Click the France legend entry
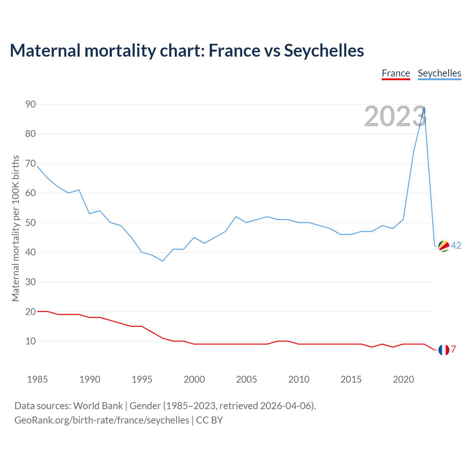click(x=396, y=73)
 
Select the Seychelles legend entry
click(x=439, y=73)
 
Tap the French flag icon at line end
click(x=444, y=350)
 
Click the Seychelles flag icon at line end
click(x=444, y=246)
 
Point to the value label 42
click(x=456, y=246)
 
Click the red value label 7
click(x=453, y=349)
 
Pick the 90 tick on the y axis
click(x=31, y=105)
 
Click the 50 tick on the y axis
click(x=31, y=223)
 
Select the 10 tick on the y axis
click(x=31, y=341)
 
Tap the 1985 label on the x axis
click(x=38, y=379)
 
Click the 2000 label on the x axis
click(x=194, y=379)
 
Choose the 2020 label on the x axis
click(x=403, y=379)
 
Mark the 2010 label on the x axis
click(x=299, y=379)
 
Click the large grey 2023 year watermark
click(x=395, y=116)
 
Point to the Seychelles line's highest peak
click(x=424, y=107)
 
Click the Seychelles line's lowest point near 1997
click(x=163, y=261)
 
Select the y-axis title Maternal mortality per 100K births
click(x=15, y=228)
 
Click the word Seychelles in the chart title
click(x=324, y=50)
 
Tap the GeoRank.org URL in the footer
click(x=102, y=420)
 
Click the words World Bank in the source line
click(x=98, y=406)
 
